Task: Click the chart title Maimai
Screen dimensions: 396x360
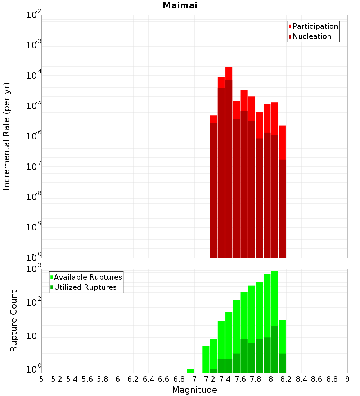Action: coord(180,6)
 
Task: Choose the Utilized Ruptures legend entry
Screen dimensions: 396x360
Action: coord(85,287)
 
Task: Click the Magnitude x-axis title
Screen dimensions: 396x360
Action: coord(194,390)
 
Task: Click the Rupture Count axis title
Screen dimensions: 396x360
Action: coord(14,320)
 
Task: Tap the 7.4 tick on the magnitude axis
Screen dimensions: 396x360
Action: coord(225,379)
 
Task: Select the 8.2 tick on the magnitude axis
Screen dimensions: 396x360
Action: coord(286,379)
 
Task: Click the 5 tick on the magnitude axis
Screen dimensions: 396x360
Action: coord(41,379)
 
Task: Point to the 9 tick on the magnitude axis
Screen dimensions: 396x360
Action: coord(347,379)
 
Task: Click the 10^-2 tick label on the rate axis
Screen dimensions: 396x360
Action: coord(34,15)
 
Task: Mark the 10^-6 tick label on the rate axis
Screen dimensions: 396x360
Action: coord(34,136)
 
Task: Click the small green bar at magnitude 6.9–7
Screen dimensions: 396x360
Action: coord(191,371)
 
